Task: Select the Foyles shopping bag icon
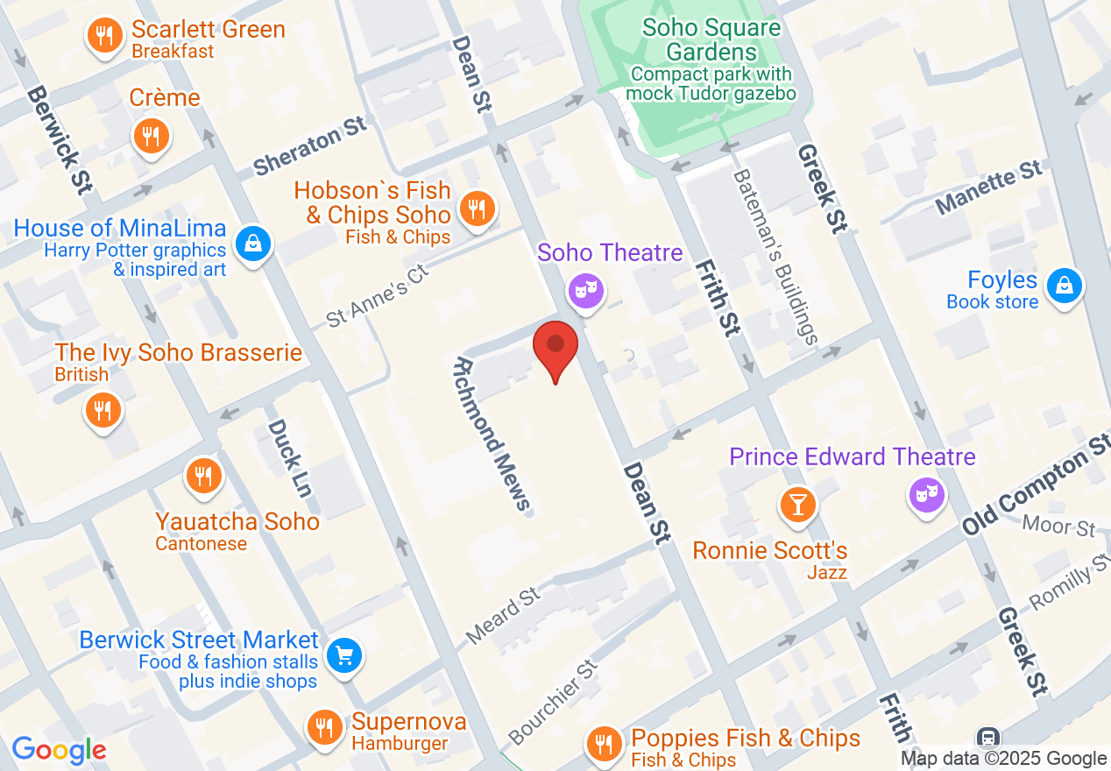tap(1063, 286)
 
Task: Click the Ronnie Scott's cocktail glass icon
tap(798, 505)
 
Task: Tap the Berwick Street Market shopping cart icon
tap(344, 655)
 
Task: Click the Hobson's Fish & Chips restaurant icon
tap(477, 209)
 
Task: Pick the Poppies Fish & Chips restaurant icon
tap(604, 744)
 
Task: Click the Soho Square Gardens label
tap(711, 39)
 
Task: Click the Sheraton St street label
tap(310, 146)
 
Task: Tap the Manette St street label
tap(989, 187)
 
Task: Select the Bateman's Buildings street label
tap(775, 255)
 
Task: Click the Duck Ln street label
tap(289, 469)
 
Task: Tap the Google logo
tap(59, 750)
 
